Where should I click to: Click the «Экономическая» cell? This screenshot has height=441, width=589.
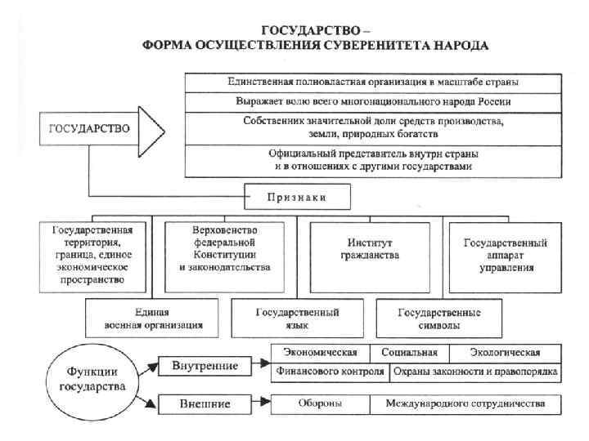pos(321,353)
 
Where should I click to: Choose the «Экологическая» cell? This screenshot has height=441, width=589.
pos(505,353)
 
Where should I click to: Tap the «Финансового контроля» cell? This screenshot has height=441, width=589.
pos(329,372)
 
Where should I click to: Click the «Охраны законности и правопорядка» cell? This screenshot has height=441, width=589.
pos(474,372)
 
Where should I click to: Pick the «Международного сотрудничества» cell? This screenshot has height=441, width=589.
pos(465,403)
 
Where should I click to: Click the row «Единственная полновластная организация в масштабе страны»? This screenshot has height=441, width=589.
pos(372,83)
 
